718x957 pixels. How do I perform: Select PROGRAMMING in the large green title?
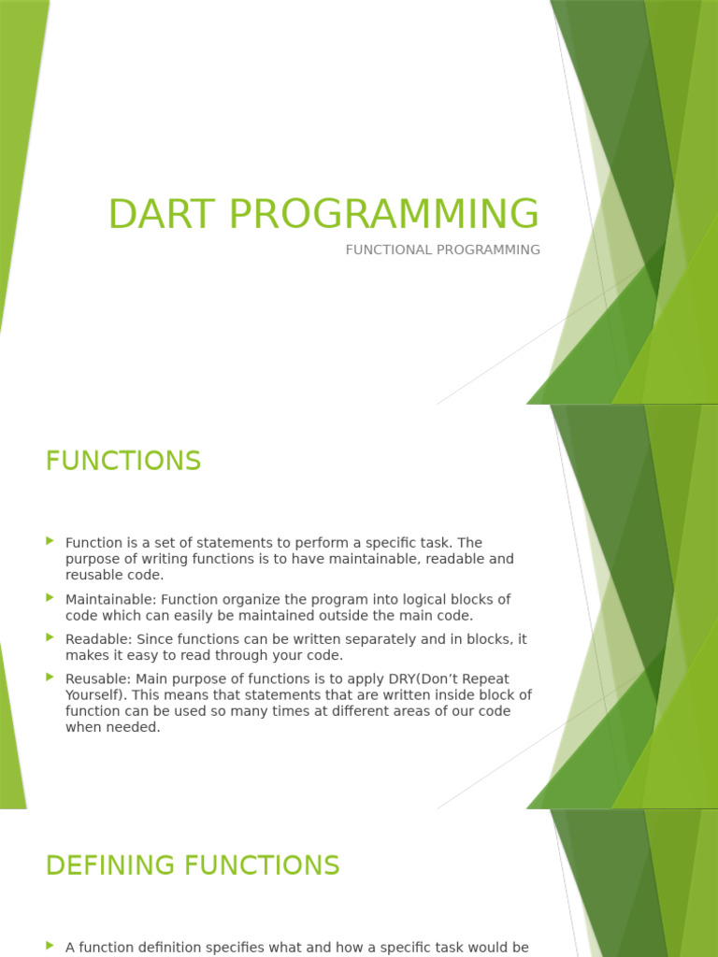[x=383, y=214]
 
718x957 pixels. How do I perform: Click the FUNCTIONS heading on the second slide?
[x=123, y=461]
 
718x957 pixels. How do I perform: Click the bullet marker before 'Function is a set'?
[x=50, y=541]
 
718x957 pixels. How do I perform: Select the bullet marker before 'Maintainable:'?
[x=50, y=597]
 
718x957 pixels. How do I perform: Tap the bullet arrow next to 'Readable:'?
[x=50, y=637]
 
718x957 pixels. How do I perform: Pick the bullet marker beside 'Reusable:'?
[x=50, y=678]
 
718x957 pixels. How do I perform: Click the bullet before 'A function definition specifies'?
[x=50, y=946]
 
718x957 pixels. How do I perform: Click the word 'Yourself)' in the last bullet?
[x=95, y=695]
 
